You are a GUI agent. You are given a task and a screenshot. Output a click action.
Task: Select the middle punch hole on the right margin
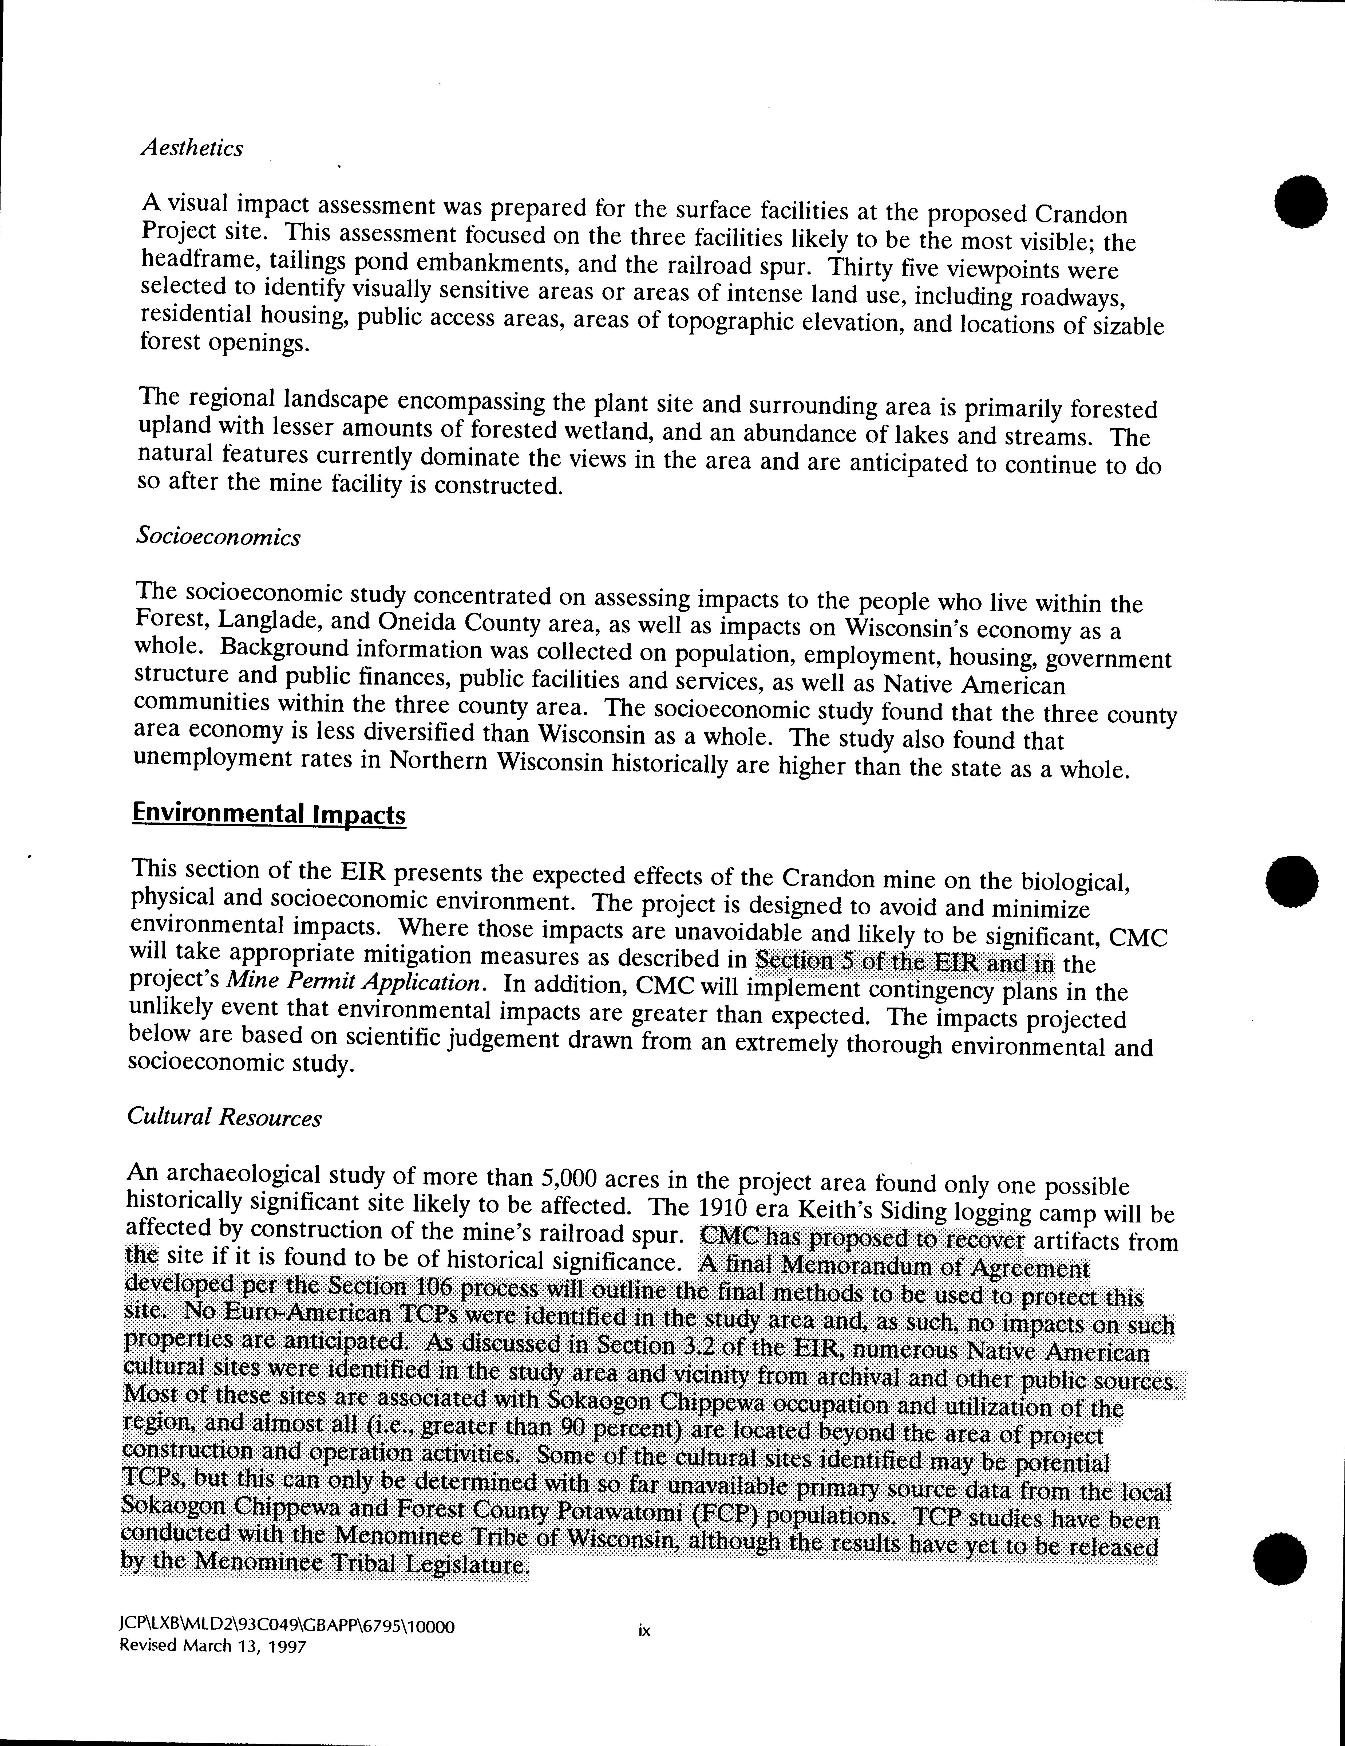[x=1292, y=881]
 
